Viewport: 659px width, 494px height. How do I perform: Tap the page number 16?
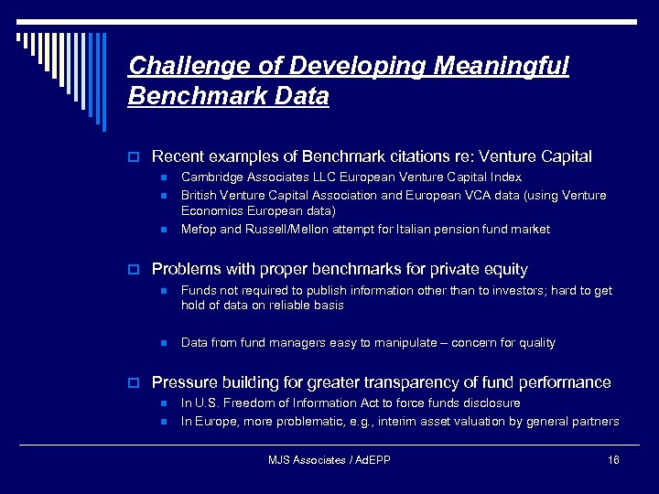613,460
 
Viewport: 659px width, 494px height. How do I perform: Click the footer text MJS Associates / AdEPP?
329,460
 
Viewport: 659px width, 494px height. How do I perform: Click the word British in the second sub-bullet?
198,195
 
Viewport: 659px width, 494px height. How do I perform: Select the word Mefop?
198,230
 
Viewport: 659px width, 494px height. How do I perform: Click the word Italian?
403,230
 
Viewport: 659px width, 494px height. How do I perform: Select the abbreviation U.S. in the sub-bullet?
208,403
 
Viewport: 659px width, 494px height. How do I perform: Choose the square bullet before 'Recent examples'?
133,157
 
